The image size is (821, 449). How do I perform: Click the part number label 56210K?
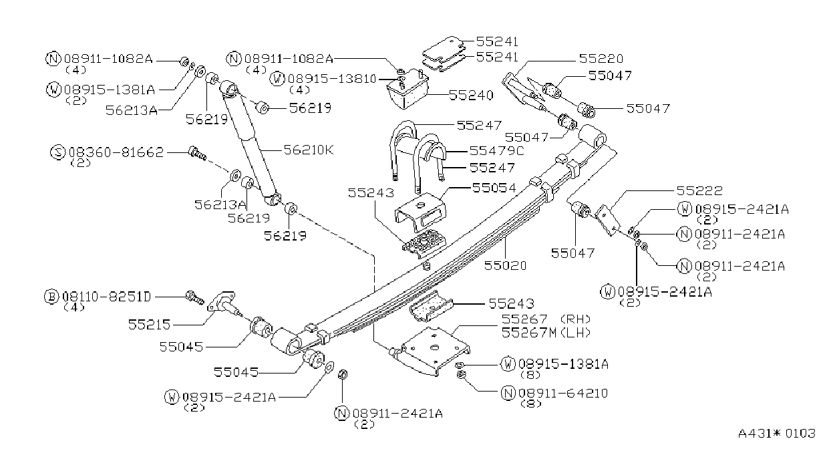click(x=309, y=150)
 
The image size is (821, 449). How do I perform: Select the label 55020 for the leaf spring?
click(x=505, y=265)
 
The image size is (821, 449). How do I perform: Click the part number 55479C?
click(x=496, y=150)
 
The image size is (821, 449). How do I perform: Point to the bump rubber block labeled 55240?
click(x=407, y=89)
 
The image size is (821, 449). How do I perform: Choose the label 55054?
click(x=494, y=188)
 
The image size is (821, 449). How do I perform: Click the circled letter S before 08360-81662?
click(x=57, y=152)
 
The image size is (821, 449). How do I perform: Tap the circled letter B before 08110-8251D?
click(x=51, y=297)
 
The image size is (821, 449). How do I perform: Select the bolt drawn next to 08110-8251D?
click(x=194, y=297)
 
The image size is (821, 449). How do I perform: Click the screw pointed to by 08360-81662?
click(x=197, y=154)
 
